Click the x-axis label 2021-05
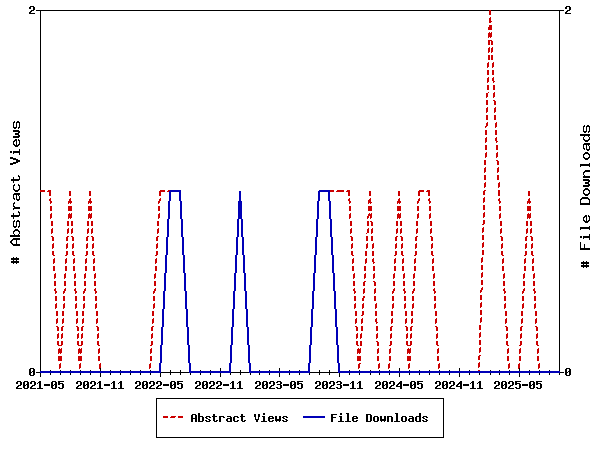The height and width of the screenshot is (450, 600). pos(40,384)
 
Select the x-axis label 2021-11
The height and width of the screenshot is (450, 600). pos(100,384)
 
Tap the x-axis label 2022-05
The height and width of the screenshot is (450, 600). pos(160,384)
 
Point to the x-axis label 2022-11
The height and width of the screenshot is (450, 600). pos(220,384)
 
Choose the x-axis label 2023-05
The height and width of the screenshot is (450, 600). pos(280,384)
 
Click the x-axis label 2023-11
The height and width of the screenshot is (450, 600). pos(340,384)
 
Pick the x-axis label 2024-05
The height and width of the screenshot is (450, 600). pos(400,384)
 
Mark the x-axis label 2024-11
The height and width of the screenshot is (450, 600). pos(460,384)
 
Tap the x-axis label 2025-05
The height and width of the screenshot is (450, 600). pos(520,384)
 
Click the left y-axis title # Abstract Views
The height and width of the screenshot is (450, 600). pos(16,191)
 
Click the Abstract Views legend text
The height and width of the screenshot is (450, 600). pos(239,418)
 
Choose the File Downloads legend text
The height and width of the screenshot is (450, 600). pos(379,418)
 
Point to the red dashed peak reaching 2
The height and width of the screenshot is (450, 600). pos(490,12)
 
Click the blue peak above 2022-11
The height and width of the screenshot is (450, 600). pos(240,192)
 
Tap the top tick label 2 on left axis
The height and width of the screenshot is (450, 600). pos(32,10)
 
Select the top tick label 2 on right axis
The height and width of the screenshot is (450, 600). pos(568,10)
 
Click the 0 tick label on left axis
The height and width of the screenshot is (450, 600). pos(32,372)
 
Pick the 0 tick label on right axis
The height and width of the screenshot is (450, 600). pos(568,372)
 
